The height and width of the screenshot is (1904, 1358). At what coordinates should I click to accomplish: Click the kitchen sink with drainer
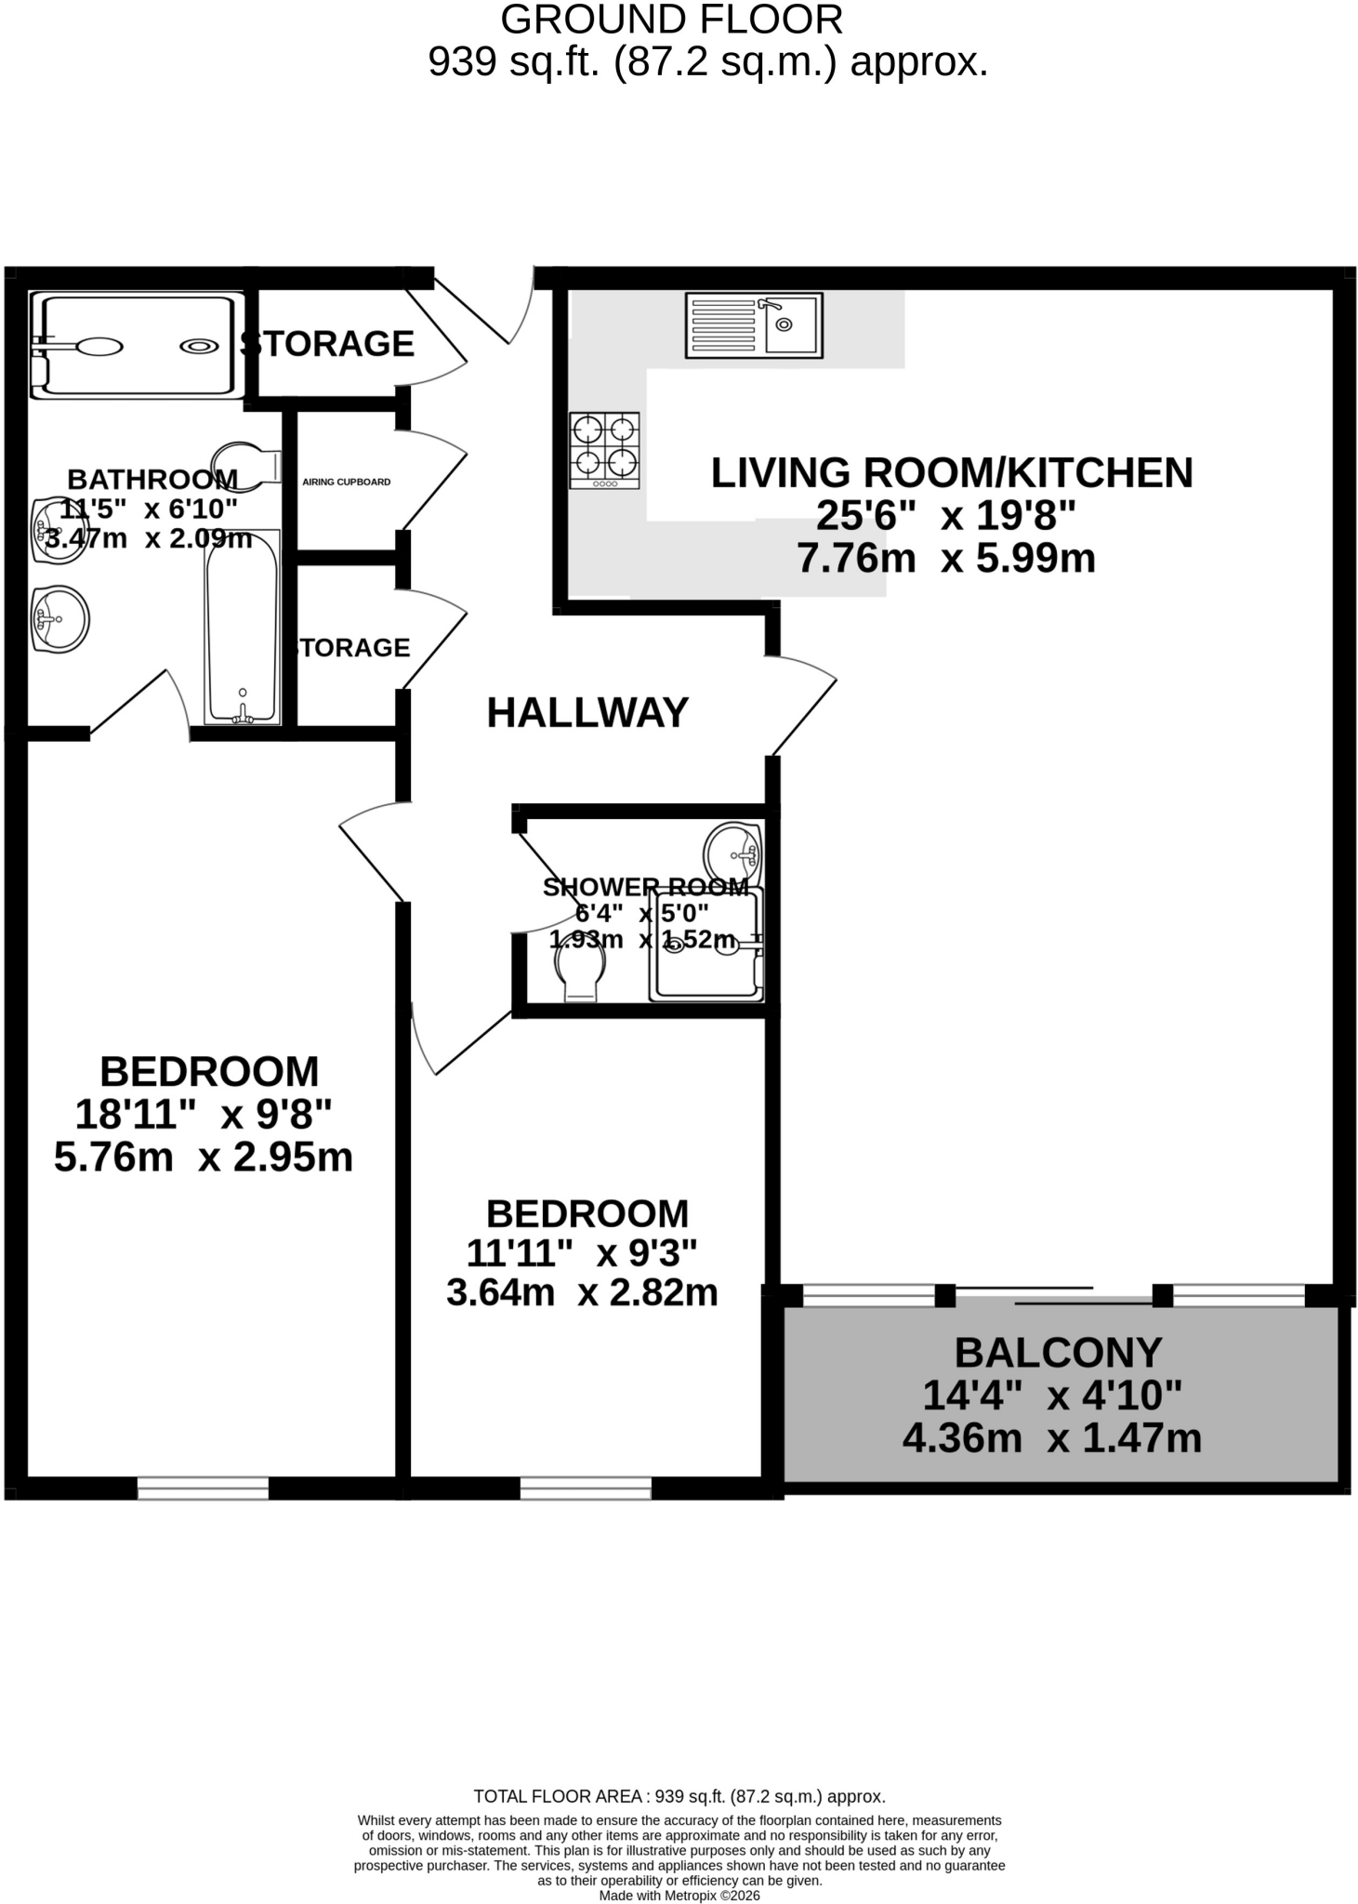[x=754, y=325]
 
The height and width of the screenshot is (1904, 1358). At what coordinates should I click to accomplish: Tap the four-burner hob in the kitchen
[x=604, y=450]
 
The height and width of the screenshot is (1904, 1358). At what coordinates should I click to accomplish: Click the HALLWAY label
[x=587, y=713]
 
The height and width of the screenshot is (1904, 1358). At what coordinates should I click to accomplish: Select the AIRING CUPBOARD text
[x=347, y=482]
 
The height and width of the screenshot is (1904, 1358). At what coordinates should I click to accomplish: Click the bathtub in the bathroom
[x=243, y=628]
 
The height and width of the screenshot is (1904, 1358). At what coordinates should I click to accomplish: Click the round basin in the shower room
[x=732, y=853]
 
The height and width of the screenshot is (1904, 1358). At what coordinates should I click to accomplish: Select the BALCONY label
[x=1058, y=1353]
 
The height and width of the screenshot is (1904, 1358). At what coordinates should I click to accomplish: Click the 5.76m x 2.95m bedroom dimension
[x=204, y=1158]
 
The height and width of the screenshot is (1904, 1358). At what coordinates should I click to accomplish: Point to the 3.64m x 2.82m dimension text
[x=582, y=1292]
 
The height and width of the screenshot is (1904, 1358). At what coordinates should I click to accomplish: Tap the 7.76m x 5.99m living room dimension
[x=946, y=559]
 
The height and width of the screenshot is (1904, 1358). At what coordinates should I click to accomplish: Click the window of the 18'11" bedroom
[x=203, y=1488]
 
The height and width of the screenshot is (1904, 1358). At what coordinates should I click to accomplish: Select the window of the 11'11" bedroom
[x=586, y=1488]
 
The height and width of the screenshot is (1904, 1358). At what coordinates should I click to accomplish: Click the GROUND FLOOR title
[x=672, y=20]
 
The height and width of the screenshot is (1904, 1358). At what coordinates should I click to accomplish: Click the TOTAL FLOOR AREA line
[x=679, y=1796]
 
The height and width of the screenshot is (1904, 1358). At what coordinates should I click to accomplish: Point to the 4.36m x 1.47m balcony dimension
[x=1052, y=1438]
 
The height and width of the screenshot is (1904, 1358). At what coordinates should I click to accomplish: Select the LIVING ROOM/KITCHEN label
[x=952, y=473]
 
